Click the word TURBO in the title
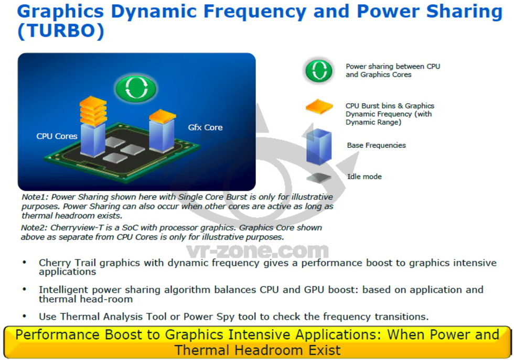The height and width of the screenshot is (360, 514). pos(61,31)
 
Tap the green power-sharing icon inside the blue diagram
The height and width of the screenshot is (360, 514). pos(136,88)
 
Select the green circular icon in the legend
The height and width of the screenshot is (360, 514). pos(319,71)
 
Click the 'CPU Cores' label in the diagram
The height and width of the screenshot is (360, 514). pos(57,136)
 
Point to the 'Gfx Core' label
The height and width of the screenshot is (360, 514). pos(205,127)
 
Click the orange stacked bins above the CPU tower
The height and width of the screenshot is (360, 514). pos(93,111)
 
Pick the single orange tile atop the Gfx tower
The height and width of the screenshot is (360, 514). pos(162,116)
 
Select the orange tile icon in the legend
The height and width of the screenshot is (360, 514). pos(319,107)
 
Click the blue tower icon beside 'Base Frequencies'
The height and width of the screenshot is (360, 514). pos(319,146)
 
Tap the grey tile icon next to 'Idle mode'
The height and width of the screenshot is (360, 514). pos(319,178)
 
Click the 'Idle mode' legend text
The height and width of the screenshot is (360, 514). pos(365,177)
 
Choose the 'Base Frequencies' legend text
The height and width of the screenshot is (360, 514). pos(377,146)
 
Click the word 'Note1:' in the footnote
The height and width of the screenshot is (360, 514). pos(35,197)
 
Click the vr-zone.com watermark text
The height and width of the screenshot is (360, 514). pos(258,251)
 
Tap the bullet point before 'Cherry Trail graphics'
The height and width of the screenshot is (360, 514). pos(24,263)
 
